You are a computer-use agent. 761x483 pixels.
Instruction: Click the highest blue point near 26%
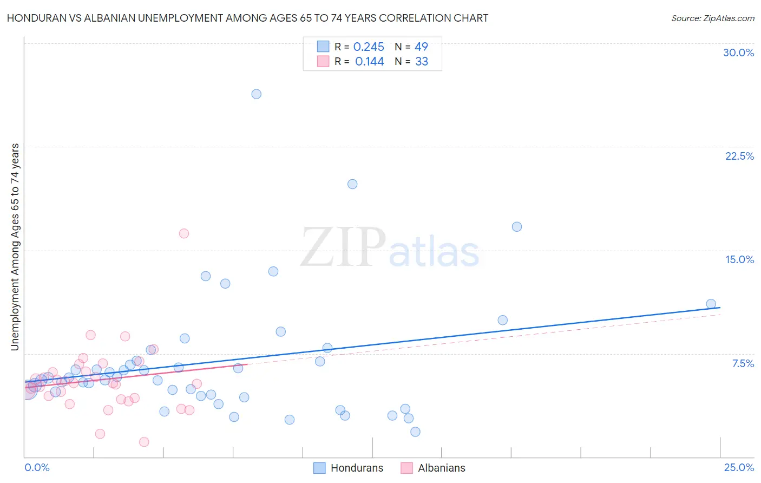(x=257, y=94)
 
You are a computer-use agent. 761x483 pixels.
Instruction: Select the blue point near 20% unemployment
(x=352, y=184)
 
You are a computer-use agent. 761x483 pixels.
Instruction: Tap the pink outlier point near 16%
(x=184, y=233)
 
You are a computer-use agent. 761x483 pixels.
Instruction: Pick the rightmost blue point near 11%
(x=711, y=304)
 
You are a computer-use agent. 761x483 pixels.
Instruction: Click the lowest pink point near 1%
(x=144, y=442)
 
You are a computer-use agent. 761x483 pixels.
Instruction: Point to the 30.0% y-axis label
(x=738, y=53)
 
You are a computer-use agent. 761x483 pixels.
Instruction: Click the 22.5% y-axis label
(x=739, y=156)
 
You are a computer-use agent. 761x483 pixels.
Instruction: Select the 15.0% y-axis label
(x=739, y=259)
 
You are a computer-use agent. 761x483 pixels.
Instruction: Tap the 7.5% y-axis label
(x=743, y=363)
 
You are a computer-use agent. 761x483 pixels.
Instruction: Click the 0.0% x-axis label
(x=37, y=467)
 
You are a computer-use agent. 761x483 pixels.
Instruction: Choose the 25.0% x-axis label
(x=739, y=467)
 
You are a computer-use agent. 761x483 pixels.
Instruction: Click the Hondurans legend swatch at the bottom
(x=319, y=468)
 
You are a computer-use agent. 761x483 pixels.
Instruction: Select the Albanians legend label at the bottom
(x=441, y=468)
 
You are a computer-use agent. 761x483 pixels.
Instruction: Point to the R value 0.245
(x=369, y=47)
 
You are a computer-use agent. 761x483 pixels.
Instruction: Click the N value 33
(x=422, y=62)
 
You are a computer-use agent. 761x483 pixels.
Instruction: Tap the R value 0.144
(x=369, y=62)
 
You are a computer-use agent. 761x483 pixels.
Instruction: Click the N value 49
(x=421, y=47)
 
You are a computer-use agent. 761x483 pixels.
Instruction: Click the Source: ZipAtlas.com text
(x=712, y=18)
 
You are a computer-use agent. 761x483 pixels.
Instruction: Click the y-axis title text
(x=15, y=247)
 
